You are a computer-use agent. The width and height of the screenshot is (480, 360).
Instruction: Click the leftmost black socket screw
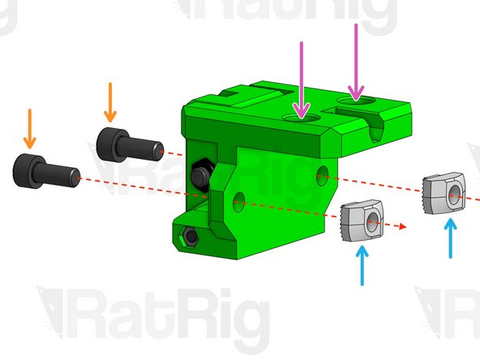(46, 171)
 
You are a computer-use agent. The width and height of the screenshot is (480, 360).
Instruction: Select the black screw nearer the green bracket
(130, 145)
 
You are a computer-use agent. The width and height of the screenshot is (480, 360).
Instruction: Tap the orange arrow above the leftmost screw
(30, 129)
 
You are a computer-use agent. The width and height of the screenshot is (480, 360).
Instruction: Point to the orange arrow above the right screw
(110, 102)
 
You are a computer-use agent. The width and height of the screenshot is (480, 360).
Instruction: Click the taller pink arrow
(356, 62)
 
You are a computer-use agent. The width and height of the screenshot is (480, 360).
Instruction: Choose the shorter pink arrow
(302, 80)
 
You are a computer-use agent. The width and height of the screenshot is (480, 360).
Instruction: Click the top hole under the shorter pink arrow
(302, 118)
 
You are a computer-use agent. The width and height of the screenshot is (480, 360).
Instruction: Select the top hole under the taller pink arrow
(356, 100)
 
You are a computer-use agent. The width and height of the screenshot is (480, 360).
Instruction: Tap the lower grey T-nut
(362, 221)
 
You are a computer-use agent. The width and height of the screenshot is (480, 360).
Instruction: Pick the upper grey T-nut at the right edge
(444, 193)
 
